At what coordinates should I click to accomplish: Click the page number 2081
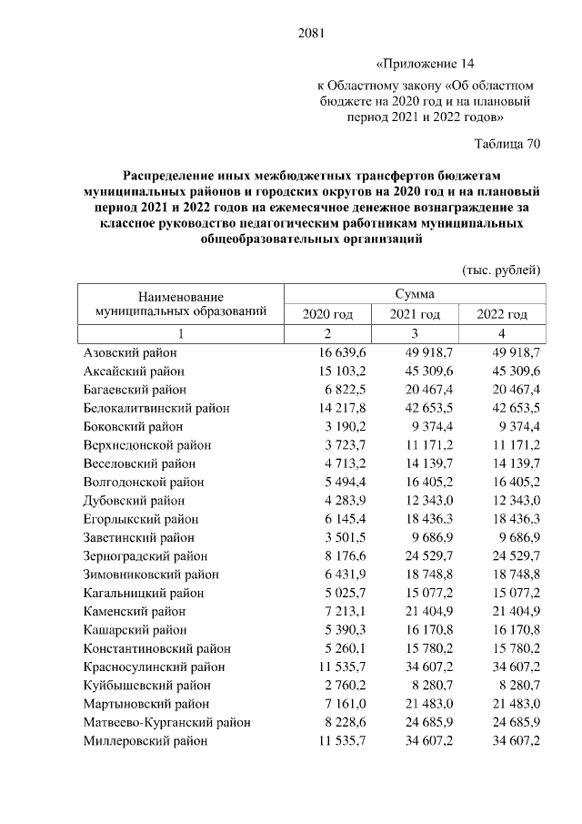pyautogui.click(x=311, y=35)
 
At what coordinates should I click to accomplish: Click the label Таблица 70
pyautogui.click(x=508, y=144)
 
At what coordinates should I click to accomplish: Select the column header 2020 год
pyautogui.click(x=327, y=314)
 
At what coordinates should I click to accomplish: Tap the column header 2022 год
pyautogui.click(x=503, y=314)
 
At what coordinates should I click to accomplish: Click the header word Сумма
pyautogui.click(x=414, y=294)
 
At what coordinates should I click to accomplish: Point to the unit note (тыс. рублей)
pyautogui.click(x=502, y=270)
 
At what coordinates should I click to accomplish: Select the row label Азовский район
pyautogui.click(x=130, y=352)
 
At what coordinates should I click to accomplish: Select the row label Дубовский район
pyautogui.click(x=134, y=501)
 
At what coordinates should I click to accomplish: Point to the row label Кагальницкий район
pyautogui.click(x=143, y=594)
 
